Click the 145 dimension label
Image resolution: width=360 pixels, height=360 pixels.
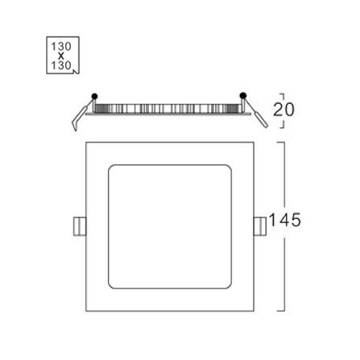[284, 220]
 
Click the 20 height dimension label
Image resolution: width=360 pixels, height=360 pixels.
[283, 110]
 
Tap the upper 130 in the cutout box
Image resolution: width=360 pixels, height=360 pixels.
[61, 47]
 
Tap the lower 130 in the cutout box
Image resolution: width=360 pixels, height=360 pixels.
[61, 65]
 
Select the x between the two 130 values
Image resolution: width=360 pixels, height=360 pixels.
[61, 56]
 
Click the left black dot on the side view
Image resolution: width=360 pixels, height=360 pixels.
[94, 96]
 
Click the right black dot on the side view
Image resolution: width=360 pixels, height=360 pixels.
[243, 95]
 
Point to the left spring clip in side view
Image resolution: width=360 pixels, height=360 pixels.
[81, 115]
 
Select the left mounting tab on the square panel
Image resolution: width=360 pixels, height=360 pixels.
[80, 226]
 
